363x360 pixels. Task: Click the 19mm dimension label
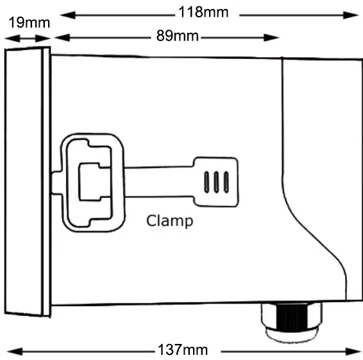pos(29,22)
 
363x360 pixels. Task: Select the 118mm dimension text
pos(203,12)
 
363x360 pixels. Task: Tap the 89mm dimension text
pos(178,36)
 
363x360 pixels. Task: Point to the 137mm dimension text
pos(183,350)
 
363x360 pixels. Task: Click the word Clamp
pos(170,221)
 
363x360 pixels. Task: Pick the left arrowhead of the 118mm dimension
pos(67,15)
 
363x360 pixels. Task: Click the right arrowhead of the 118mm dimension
pos(351,15)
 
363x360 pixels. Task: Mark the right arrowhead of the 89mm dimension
pos(271,37)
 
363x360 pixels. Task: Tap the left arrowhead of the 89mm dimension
pos(62,37)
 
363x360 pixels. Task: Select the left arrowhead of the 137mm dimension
pos(15,352)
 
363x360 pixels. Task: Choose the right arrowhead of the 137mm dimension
pos(353,352)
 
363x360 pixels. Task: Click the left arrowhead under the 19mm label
pos(12,39)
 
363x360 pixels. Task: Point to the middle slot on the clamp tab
pos(216,182)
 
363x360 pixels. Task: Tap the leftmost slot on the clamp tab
pos(207,182)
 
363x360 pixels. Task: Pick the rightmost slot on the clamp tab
pos(226,182)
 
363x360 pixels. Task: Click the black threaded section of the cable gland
pos(292,316)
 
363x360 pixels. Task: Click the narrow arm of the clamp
pos(159,182)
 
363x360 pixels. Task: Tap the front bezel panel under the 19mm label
pos(24,181)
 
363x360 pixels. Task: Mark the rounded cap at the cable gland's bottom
pos(292,335)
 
